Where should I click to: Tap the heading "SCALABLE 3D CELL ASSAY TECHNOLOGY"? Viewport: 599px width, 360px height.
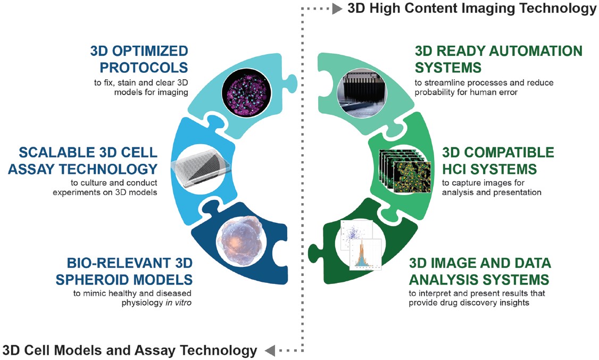pos(88,161)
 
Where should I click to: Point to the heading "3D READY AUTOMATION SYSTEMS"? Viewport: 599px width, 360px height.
pos(498,59)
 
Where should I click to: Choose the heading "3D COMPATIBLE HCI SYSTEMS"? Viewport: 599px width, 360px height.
pos(498,161)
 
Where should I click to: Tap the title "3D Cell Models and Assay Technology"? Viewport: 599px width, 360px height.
pos(130,350)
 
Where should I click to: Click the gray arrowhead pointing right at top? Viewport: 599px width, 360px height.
pos(337,9)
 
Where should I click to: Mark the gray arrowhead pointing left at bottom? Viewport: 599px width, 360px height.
pos(270,350)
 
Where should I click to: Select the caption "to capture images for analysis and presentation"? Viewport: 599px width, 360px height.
pos(492,187)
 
